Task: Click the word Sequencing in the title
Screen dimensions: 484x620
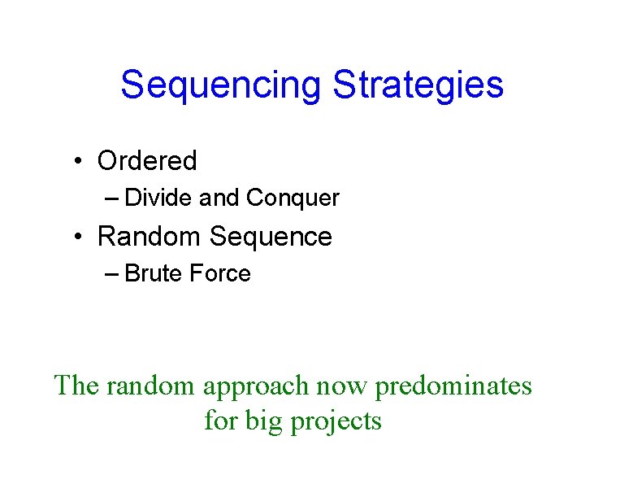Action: click(221, 85)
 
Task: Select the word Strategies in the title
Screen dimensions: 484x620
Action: click(418, 85)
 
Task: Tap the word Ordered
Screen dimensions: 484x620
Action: click(147, 161)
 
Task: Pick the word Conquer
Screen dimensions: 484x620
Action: click(293, 198)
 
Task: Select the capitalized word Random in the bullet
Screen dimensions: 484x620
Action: click(149, 237)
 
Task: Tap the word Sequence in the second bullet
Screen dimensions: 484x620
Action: click(271, 237)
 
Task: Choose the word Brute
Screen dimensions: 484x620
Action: click(154, 274)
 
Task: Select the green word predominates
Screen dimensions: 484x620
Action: click(453, 385)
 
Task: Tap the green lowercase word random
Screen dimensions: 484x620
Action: click(151, 385)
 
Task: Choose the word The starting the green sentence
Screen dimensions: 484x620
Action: click(76, 385)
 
